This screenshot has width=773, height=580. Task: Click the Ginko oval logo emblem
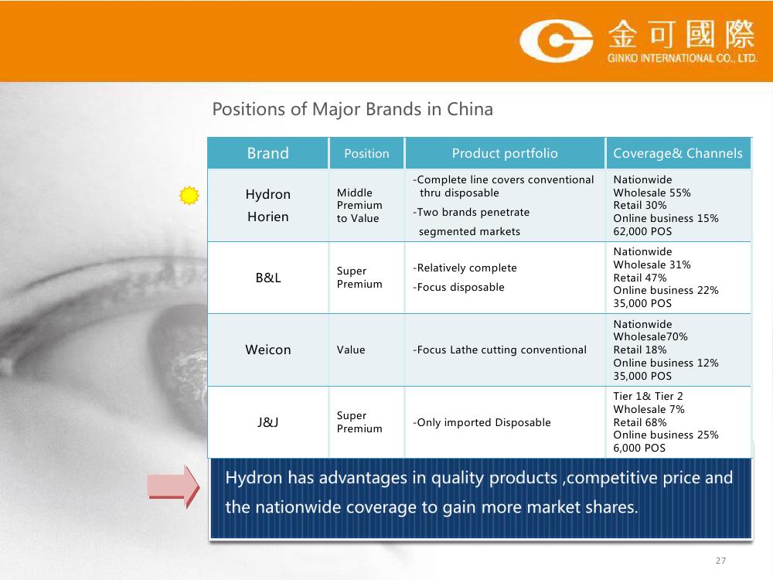(556, 41)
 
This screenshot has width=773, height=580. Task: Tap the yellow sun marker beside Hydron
(189, 196)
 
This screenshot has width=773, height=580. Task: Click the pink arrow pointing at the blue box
(173, 486)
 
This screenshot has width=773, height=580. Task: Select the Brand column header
(267, 153)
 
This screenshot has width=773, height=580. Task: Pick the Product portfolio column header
(505, 153)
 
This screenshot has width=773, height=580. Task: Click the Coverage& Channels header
(678, 153)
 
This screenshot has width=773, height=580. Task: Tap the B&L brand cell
(268, 278)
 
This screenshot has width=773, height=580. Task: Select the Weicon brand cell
(268, 350)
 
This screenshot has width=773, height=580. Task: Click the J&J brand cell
(267, 422)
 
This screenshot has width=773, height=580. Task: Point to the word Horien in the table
(268, 217)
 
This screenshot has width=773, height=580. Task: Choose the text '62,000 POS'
(642, 231)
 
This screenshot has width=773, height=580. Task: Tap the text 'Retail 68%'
(640, 422)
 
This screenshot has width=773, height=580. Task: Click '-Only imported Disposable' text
(482, 423)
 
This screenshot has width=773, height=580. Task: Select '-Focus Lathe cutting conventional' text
(499, 350)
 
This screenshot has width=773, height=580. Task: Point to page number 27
(720, 560)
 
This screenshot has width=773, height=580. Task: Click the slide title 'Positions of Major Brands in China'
(352, 109)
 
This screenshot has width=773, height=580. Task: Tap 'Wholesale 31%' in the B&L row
(652, 264)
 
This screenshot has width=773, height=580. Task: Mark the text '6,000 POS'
(639, 448)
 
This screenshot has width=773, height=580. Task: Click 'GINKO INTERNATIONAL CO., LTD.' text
(683, 58)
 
